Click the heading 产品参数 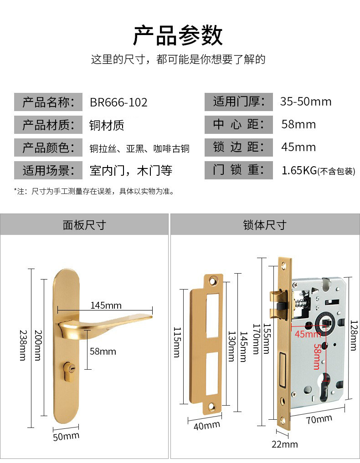click(178, 36)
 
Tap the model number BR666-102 click(118, 102)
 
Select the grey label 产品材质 click(48, 125)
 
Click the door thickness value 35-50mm click(305, 102)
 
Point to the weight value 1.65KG click(299, 171)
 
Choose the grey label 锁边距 click(238, 148)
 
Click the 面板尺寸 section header click(84, 225)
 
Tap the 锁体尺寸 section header click(264, 225)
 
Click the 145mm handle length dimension click(106, 305)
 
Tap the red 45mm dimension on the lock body click(308, 334)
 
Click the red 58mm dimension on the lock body click(316, 356)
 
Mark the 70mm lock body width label click(319, 419)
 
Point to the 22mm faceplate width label click(284, 444)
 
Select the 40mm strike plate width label click(207, 426)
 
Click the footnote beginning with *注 click(93, 191)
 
